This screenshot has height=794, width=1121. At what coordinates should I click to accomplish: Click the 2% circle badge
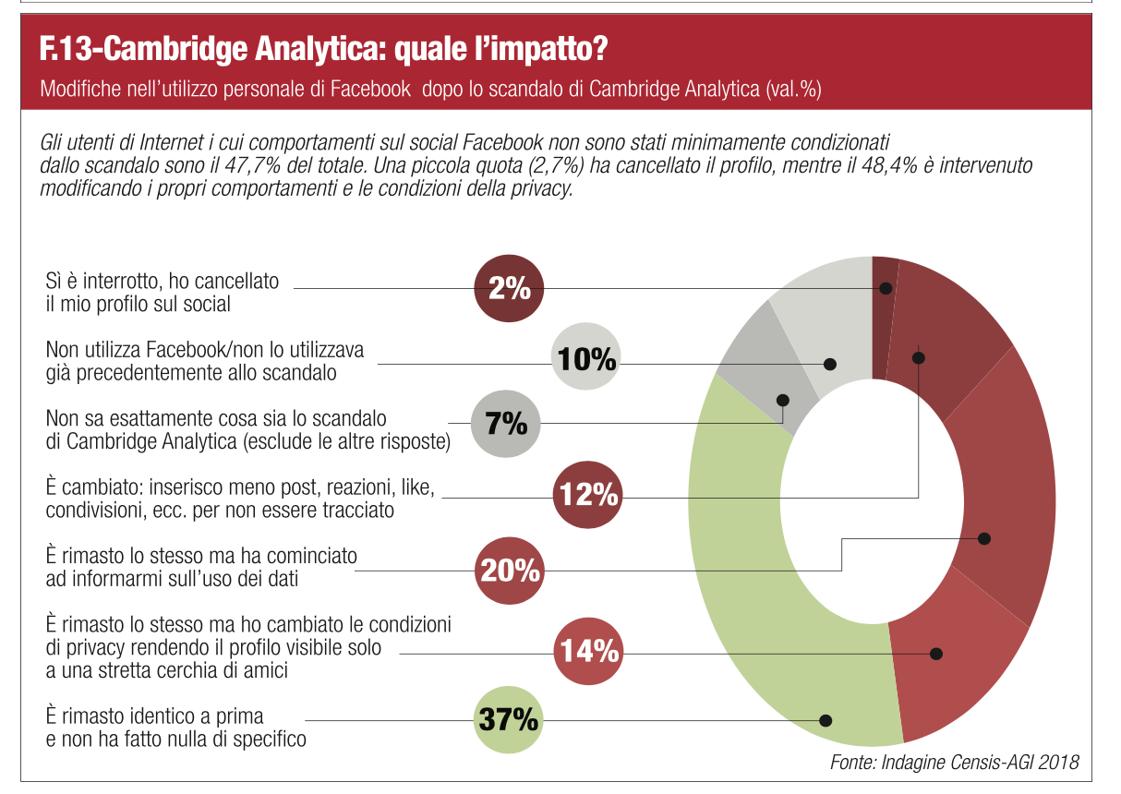coord(509,288)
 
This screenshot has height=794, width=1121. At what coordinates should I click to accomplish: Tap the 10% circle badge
coord(586,356)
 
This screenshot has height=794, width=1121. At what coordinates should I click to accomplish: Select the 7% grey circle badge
coord(506,423)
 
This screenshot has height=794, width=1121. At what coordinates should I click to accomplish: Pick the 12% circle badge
coord(588,494)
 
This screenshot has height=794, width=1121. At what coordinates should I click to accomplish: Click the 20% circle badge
coord(510,571)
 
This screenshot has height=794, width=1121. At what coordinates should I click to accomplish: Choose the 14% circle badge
coord(588,651)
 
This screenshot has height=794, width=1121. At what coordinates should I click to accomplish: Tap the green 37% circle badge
coord(509,719)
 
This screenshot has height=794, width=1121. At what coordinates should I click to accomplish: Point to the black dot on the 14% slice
coord(935,654)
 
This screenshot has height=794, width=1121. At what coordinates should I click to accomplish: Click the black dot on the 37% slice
coord(826,720)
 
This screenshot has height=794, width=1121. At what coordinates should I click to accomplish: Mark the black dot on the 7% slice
coord(783,401)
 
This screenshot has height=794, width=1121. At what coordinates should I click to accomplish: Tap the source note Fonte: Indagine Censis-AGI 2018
coord(955,762)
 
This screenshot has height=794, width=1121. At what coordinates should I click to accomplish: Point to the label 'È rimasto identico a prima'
coord(154,716)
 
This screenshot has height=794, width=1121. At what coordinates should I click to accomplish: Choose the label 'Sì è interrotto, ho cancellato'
coord(163,282)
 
